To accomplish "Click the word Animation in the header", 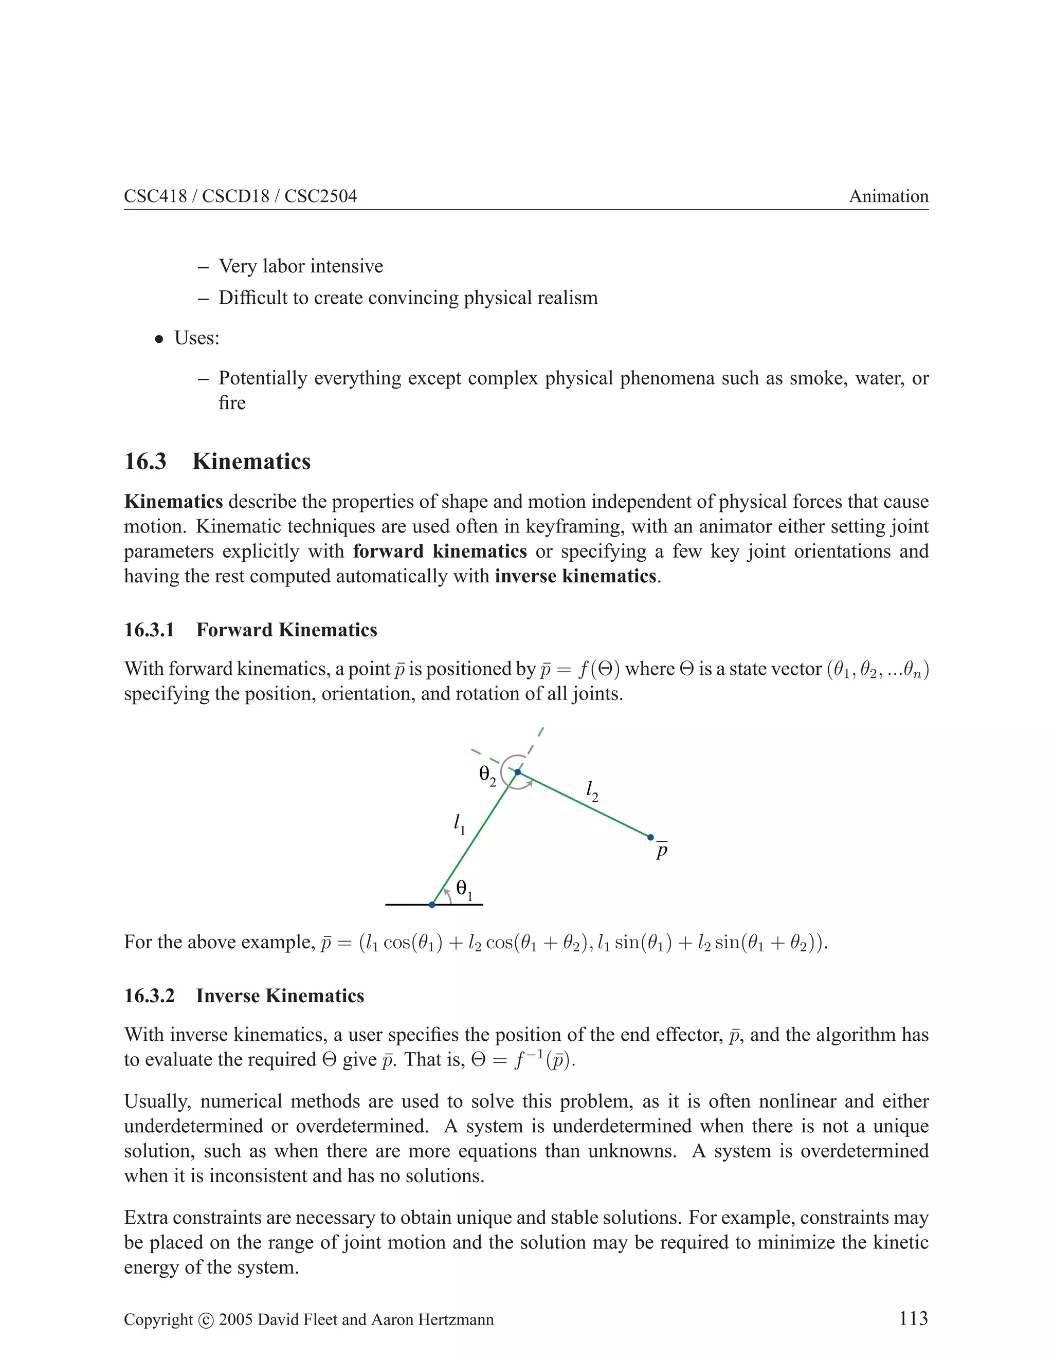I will (888, 196).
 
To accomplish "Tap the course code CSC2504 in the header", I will (321, 196).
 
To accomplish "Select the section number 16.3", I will (146, 462).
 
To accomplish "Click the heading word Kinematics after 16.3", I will (251, 462).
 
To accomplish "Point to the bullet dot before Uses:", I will (160, 339).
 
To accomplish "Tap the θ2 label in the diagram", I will (487, 776).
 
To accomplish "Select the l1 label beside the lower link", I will (459, 824).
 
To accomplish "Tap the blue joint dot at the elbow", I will (517, 772).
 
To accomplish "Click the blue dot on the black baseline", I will (432, 904).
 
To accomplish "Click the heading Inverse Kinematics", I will (280, 996).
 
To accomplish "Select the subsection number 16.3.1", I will (149, 630).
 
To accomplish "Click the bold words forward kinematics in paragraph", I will (440, 551).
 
